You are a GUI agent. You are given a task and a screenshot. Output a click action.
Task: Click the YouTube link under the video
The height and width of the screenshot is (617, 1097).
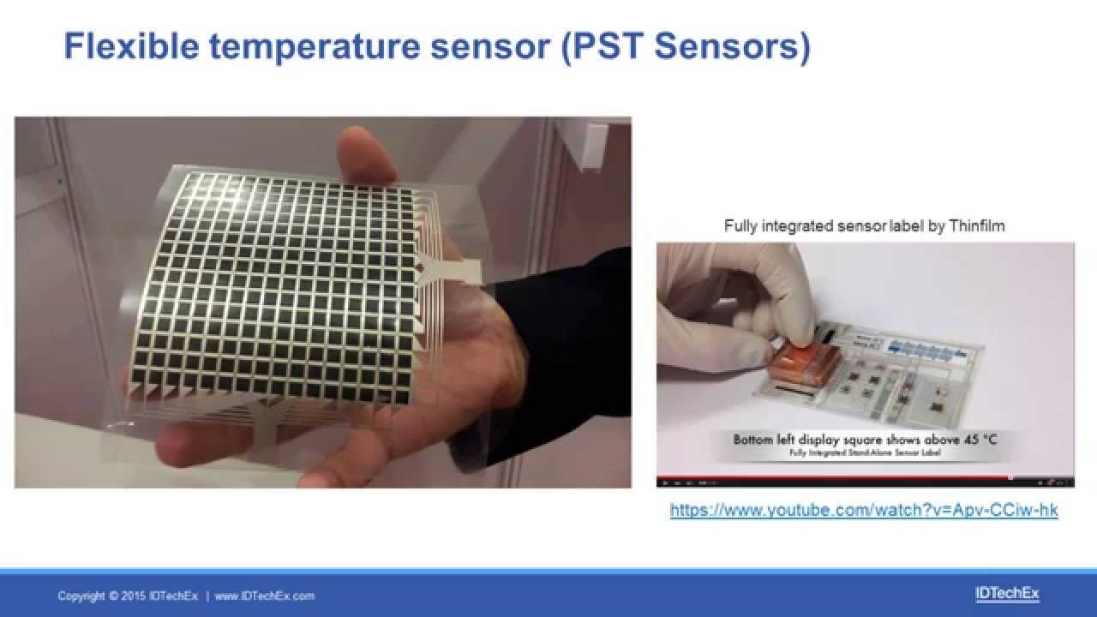coord(864,510)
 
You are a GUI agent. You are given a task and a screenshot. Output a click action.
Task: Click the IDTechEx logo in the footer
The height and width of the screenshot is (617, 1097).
coord(1007,593)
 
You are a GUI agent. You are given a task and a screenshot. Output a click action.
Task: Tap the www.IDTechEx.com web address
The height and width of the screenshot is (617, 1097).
coord(265,596)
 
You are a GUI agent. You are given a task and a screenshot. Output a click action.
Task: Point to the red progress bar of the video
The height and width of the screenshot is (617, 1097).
coord(831,477)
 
